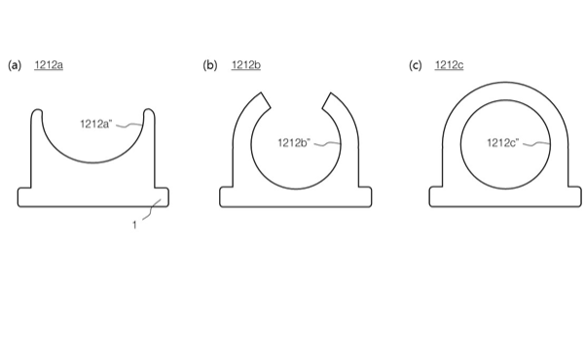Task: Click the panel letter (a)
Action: click(15, 65)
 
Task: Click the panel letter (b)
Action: click(210, 65)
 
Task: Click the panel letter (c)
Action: click(416, 65)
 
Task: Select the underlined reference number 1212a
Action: click(49, 65)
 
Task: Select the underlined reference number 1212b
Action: click(246, 65)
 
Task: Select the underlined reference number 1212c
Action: click(449, 65)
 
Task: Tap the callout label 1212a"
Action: click(96, 124)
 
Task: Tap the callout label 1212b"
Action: click(294, 142)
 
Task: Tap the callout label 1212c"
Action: click(503, 142)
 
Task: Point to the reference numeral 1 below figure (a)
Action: click(134, 225)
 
